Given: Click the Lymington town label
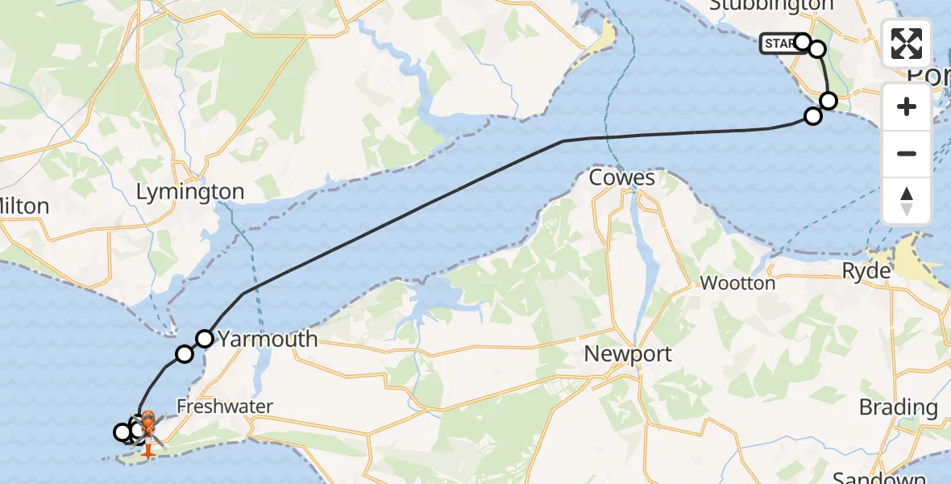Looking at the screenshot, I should [190, 192].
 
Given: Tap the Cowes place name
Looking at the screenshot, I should [621, 178].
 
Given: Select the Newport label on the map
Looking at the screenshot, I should [628, 353].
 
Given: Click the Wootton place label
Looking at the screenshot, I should [737, 283].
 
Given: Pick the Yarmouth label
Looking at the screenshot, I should [268, 339].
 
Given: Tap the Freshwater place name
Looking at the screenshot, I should [226, 407].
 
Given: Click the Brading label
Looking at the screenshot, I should [898, 407].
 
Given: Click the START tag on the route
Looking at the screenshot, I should [777, 44].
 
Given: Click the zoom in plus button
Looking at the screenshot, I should [907, 106].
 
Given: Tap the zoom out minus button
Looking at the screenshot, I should [907, 153].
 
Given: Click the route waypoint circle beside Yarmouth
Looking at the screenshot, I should [205, 339].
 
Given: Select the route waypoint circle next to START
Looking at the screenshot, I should [803, 41].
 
